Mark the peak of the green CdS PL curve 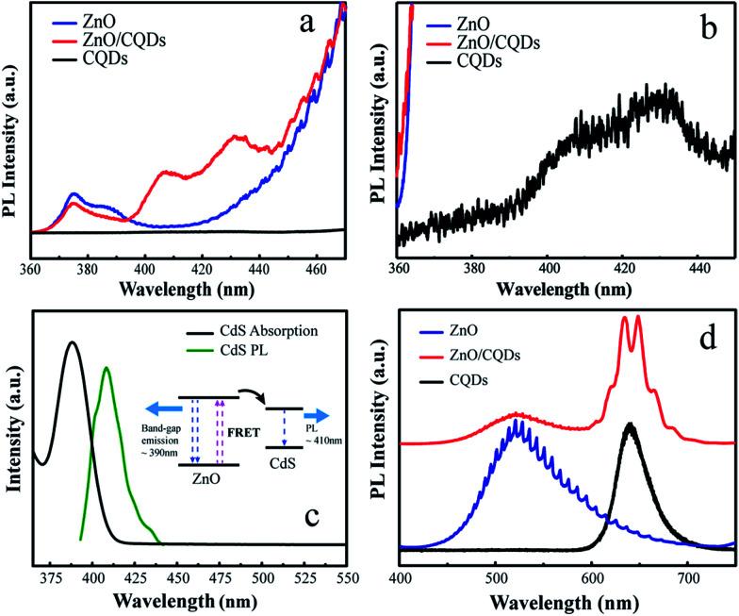(106, 368)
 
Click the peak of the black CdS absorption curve (72, 342)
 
